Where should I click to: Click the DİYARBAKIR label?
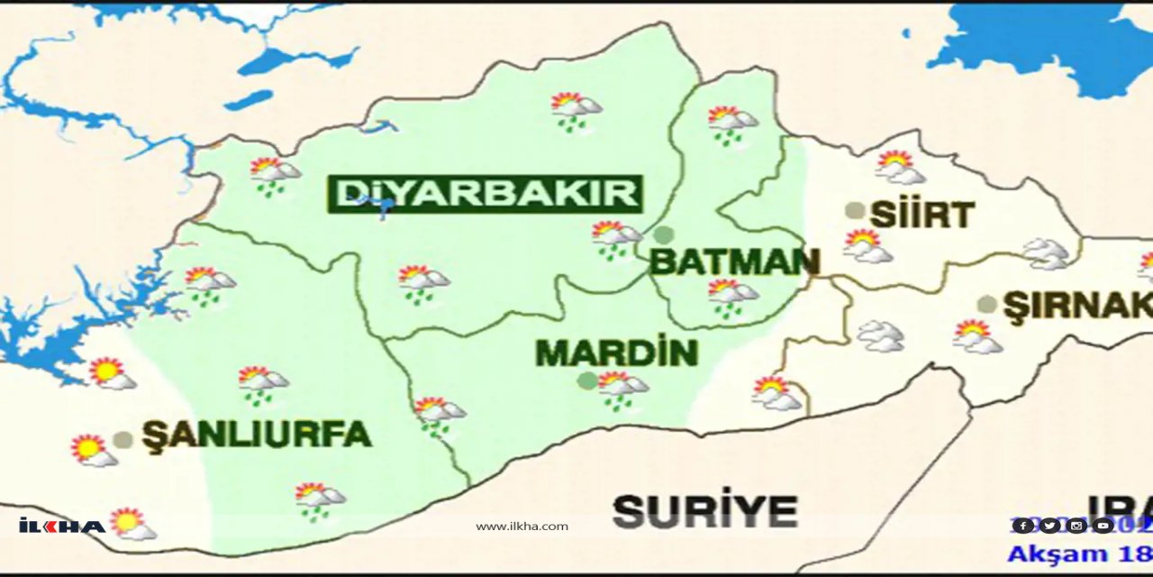tap(487, 194)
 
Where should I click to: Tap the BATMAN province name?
tap(734, 262)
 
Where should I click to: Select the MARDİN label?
tap(617, 353)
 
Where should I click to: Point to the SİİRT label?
tap(922, 215)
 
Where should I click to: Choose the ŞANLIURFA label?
tap(257, 435)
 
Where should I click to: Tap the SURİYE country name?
tap(705, 512)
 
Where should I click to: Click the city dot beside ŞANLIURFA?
tap(123, 440)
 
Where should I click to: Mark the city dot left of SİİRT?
tap(855, 211)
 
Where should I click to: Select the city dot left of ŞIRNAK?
tap(987, 304)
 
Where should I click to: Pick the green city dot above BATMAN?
tap(664, 235)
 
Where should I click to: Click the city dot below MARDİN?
tap(586, 380)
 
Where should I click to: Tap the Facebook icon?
tap(1022, 526)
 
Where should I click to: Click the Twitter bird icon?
tap(1049, 526)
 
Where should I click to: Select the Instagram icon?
tap(1076, 526)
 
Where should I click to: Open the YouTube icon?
tap(1103, 526)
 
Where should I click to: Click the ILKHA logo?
tap(61, 526)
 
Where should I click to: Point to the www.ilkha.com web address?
tap(522, 527)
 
